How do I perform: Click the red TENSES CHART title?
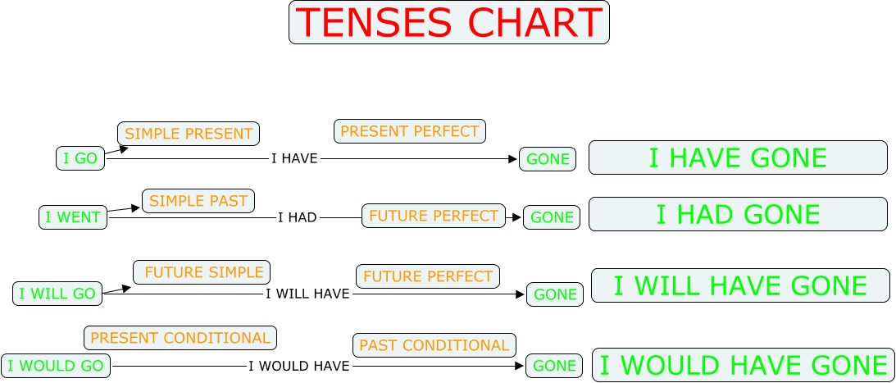(x=449, y=22)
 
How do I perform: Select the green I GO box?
(x=80, y=158)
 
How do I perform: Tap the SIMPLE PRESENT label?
(x=189, y=134)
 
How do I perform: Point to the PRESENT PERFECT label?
(x=410, y=131)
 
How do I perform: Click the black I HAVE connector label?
(x=294, y=158)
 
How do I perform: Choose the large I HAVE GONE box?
(x=739, y=157)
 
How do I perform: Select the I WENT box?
(x=73, y=217)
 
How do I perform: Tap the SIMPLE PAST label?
(x=198, y=201)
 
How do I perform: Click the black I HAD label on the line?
(x=297, y=218)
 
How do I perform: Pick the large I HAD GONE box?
(x=739, y=214)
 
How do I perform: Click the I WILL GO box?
(x=57, y=294)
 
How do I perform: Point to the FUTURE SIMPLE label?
(x=202, y=272)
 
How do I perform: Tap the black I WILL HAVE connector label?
(x=307, y=294)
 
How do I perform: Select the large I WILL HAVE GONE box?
(x=740, y=285)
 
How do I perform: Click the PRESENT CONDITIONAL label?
(x=180, y=338)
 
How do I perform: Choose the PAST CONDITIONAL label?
(x=434, y=345)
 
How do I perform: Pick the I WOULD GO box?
(x=56, y=366)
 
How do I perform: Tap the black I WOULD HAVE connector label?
(x=299, y=367)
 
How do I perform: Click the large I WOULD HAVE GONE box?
(x=744, y=365)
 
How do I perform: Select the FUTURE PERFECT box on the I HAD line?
(x=434, y=216)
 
